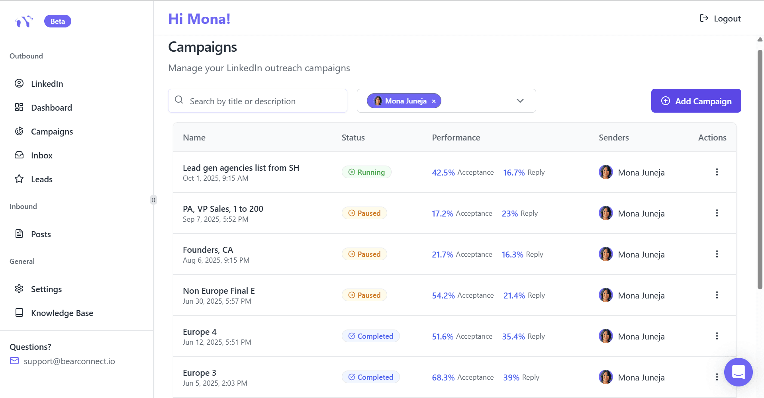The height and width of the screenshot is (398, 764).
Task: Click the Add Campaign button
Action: [x=696, y=101]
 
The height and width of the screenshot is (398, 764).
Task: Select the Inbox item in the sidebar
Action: [x=41, y=156]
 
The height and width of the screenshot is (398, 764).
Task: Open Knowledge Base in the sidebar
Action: [x=62, y=313]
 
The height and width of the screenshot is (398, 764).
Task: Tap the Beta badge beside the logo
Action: [x=58, y=21]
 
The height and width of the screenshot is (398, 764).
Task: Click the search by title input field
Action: [x=263, y=101]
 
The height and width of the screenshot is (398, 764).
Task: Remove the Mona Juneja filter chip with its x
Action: [x=434, y=101]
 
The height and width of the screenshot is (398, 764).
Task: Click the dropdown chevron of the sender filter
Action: [x=520, y=101]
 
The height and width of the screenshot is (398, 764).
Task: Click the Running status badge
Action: [x=366, y=172]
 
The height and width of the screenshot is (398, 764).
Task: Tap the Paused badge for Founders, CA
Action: [x=364, y=254]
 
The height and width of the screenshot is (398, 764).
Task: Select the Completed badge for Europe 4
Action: [x=370, y=336]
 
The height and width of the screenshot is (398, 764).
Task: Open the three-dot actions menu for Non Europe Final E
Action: [x=717, y=295]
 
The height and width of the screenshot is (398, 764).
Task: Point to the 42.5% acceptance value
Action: [x=443, y=173]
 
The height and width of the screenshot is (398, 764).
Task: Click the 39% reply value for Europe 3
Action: [x=511, y=378]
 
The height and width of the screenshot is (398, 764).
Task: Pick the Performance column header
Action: [x=456, y=138]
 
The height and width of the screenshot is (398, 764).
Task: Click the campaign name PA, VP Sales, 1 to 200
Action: [x=223, y=209]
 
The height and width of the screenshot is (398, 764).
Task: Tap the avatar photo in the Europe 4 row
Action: [x=605, y=336]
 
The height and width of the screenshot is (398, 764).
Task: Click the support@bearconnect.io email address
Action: [x=69, y=361]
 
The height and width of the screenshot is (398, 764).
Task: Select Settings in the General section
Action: [x=46, y=289]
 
